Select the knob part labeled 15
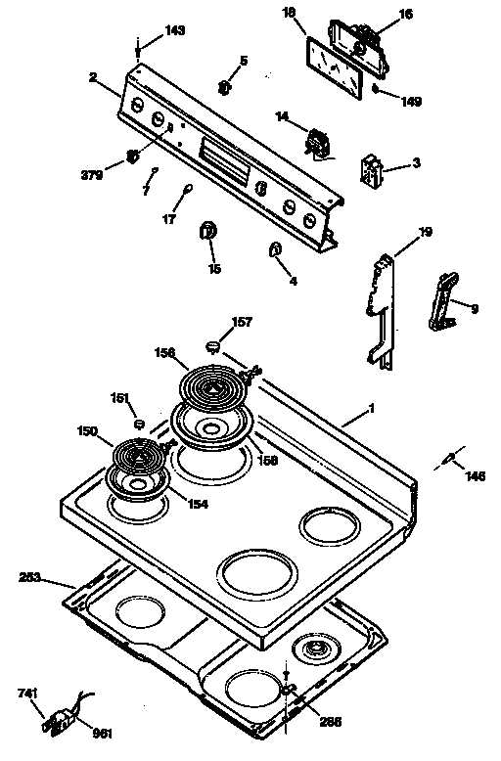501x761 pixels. [x=208, y=231]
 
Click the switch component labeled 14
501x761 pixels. [x=316, y=145]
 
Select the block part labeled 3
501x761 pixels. [x=373, y=170]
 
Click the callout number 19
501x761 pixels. [x=425, y=232]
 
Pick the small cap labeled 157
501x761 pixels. [x=211, y=344]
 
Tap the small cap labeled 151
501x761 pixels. [x=139, y=425]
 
